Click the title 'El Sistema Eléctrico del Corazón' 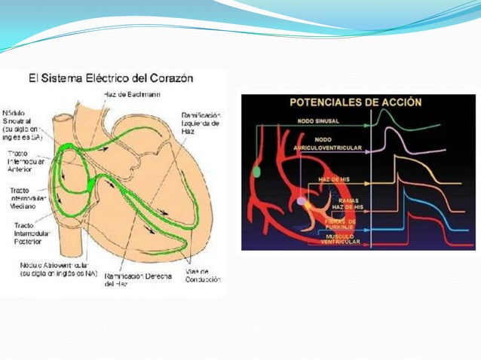111,78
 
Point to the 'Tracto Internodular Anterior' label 26,160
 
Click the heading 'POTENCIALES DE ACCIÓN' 354,102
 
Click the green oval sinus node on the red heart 257,172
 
